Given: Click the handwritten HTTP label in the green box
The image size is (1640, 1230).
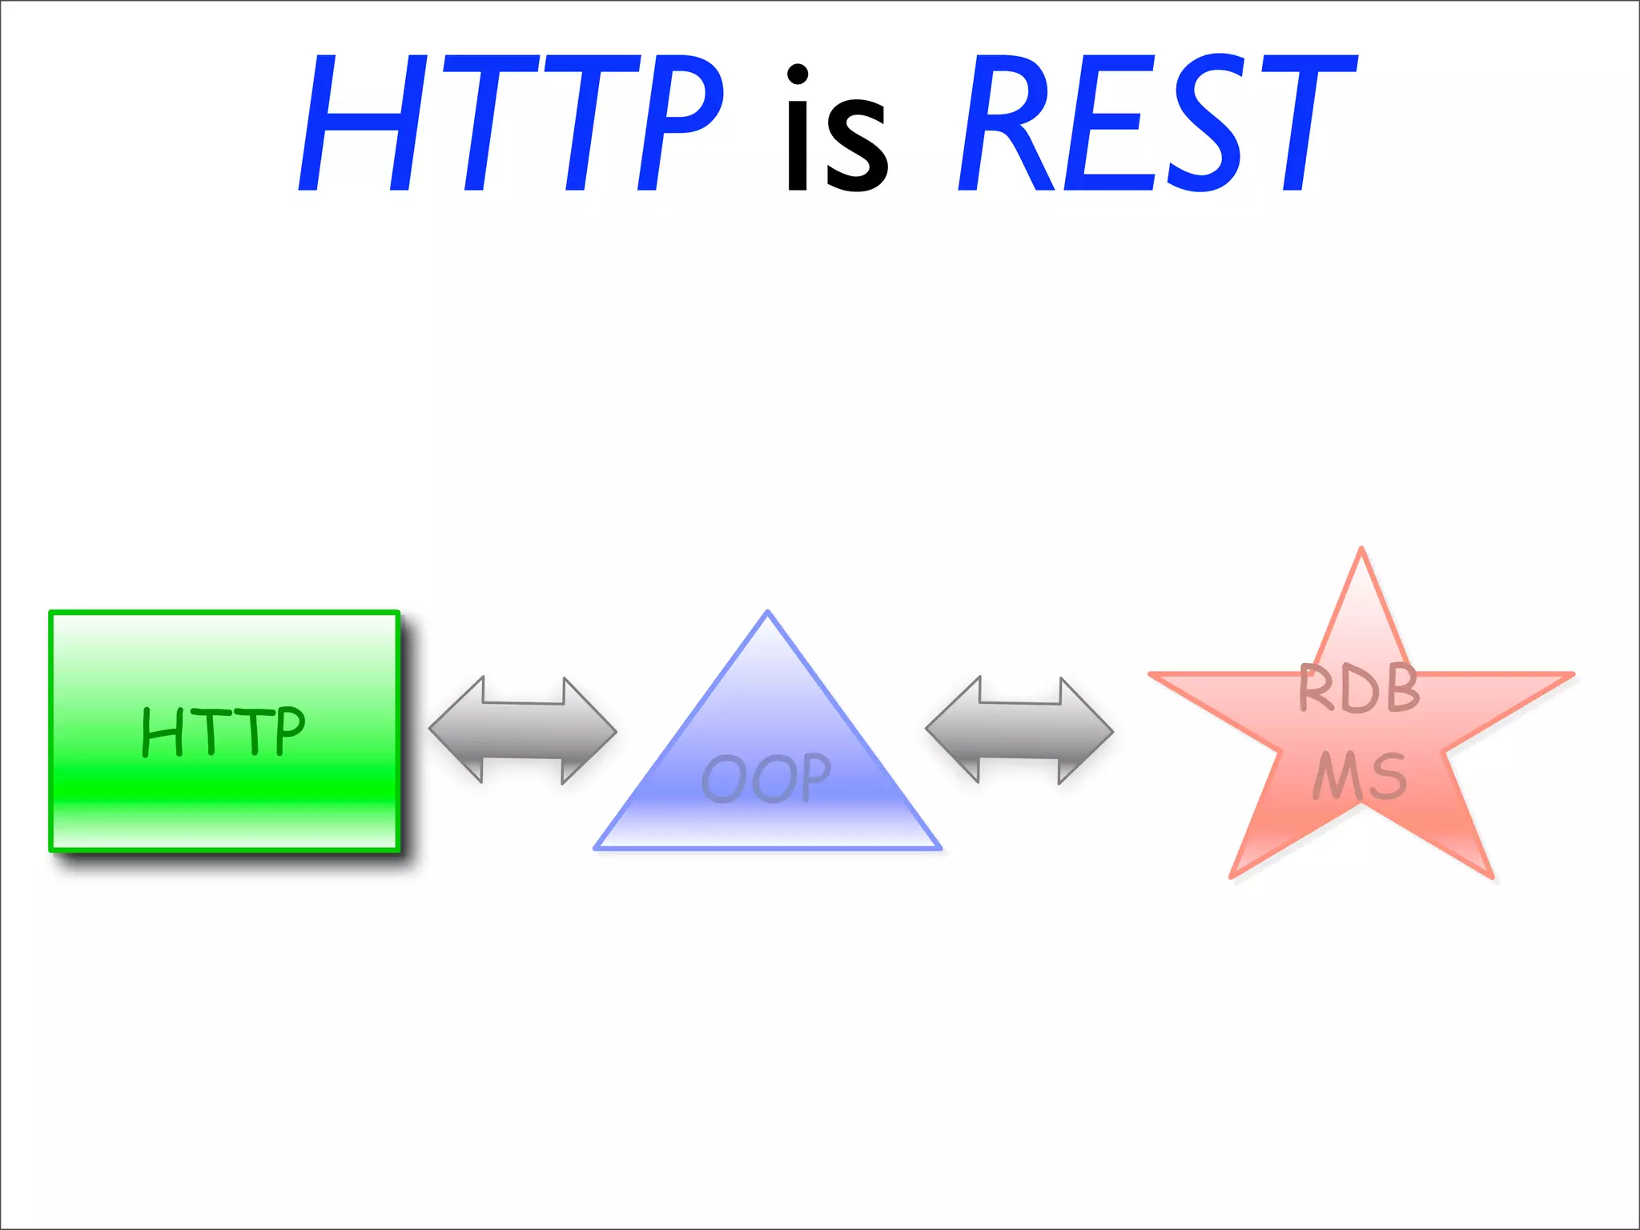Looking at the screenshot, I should [x=223, y=730].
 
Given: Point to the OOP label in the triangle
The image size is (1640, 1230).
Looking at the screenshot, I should [x=766, y=778].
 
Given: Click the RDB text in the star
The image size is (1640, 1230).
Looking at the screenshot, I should [x=1359, y=689].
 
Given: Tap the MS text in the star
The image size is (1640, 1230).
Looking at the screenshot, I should [x=1359, y=776].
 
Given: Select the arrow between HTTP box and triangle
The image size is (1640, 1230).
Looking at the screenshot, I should [x=523, y=730].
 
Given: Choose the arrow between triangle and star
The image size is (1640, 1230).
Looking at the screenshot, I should [x=1019, y=730].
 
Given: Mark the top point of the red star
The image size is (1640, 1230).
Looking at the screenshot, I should [x=1361, y=552].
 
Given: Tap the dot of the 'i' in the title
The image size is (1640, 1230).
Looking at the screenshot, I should [x=798, y=74].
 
